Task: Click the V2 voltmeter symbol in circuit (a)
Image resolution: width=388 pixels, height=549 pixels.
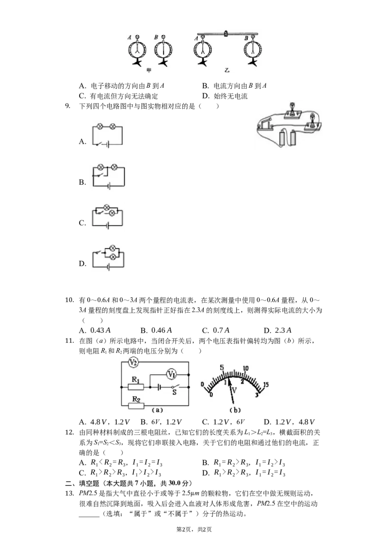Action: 133,362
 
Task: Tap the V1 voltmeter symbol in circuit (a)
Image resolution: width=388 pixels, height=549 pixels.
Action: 171,374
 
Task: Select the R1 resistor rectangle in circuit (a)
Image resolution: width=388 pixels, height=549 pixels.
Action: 135,387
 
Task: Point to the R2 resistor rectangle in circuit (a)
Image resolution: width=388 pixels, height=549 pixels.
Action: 136,406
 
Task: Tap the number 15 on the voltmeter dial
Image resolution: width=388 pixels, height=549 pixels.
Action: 266,385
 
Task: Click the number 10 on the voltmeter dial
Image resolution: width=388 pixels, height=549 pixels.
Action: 245,368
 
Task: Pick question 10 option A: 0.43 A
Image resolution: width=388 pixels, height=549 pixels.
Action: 95,330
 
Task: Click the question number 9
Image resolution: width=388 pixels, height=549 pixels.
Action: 67,106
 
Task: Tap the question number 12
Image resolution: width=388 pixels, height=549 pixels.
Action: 69,433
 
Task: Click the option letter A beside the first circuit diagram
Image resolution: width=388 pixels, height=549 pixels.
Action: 82,142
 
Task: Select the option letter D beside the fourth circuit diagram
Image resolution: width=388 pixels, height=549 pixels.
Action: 82,263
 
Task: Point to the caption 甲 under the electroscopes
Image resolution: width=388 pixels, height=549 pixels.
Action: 149,70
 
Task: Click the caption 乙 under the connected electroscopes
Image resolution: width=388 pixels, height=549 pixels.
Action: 227,70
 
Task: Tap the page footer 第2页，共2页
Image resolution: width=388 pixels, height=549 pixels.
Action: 194,530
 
